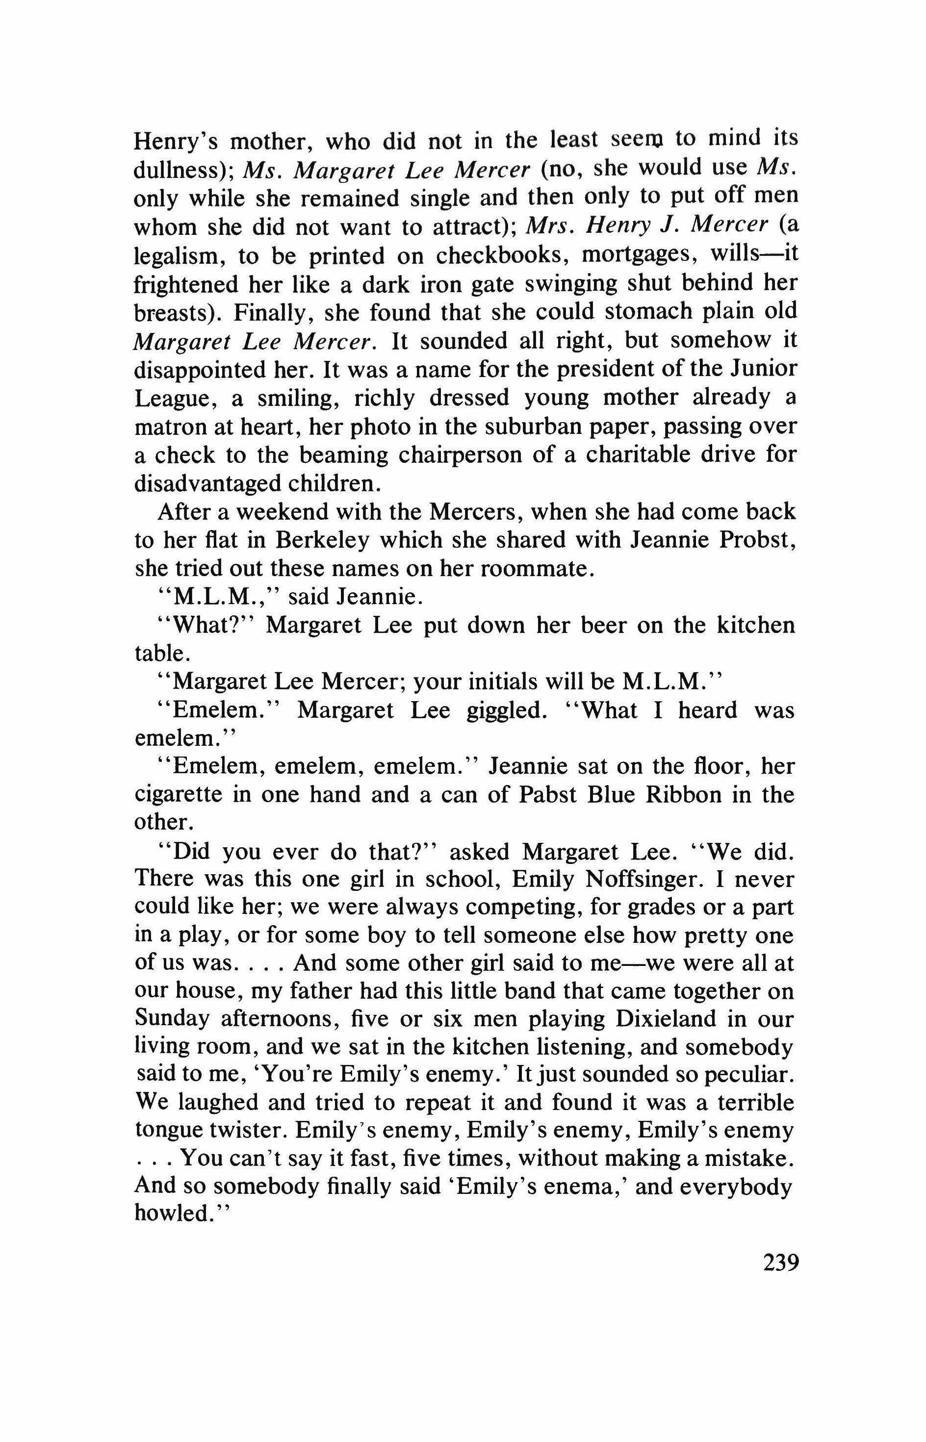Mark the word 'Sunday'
pos(173,1019)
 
